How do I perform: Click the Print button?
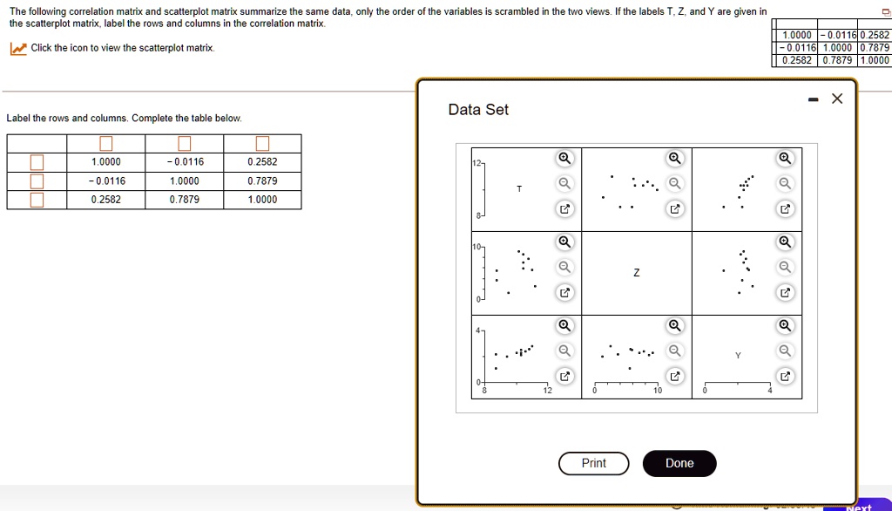point(593,463)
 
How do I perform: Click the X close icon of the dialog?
point(837,99)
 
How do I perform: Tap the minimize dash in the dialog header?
point(812,99)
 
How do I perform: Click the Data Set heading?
point(478,110)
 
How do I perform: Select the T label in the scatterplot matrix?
point(520,188)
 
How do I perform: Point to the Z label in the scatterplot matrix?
point(636,273)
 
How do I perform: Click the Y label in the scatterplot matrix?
point(738,356)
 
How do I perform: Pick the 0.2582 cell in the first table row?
point(262,162)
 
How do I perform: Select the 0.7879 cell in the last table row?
point(184,200)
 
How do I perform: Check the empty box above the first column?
point(105,144)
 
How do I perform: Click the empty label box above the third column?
point(262,144)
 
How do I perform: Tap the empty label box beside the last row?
point(37,200)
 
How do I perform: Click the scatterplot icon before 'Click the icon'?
point(17,49)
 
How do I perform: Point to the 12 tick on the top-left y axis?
point(476,164)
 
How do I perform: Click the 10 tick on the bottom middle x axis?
point(658,391)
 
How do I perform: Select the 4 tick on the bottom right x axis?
point(770,391)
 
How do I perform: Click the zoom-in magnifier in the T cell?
point(564,158)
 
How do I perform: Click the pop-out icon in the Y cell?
point(785,376)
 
